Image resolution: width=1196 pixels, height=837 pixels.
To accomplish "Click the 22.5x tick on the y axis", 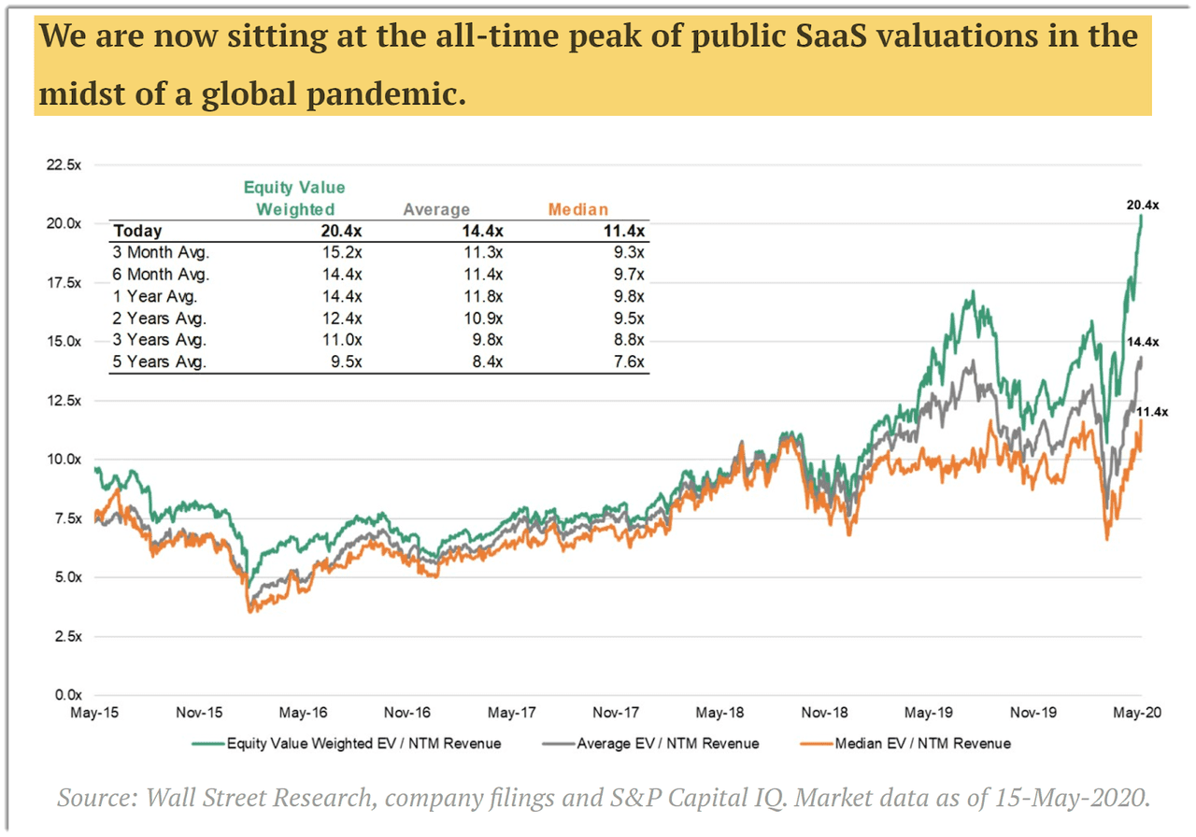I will pyautogui.click(x=63, y=164).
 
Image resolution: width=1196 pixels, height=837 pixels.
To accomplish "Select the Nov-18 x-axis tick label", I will pyautogui.click(x=825, y=714).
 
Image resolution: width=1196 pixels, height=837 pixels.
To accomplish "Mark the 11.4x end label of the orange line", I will pyautogui.click(x=1152, y=411).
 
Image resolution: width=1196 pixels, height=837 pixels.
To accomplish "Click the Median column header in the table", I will pyautogui.click(x=577, y=210).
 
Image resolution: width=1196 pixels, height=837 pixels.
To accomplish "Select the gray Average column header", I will pyautogui.click(x=436, y=210).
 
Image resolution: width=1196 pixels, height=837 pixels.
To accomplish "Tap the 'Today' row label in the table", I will pyautogui.click(x=137, y=231).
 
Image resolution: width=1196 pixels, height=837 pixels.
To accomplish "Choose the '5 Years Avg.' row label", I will pyautogui.click(x=159, y=362).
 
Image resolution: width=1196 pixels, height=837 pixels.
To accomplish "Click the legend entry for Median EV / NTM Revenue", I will pyautogui.click(x=919, y=744).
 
